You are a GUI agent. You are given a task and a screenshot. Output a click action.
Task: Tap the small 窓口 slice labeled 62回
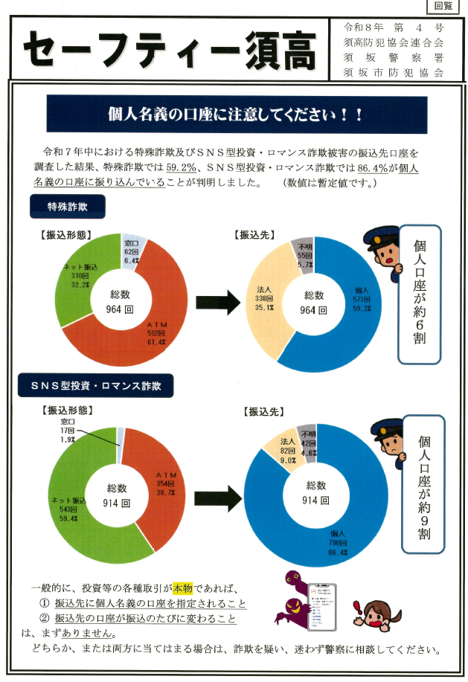click(132, 249)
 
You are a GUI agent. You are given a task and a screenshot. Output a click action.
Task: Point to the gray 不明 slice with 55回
click(304, 253)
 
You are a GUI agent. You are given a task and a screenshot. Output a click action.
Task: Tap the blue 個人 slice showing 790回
click(327, 535)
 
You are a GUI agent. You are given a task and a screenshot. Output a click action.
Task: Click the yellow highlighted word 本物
click(183, 586)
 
